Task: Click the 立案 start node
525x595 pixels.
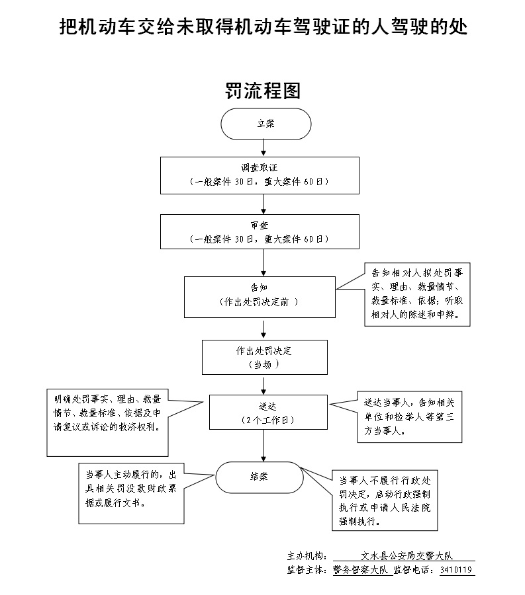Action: pos(265,124)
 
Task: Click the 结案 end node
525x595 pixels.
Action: pos(259,476)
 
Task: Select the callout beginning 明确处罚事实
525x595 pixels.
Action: pos(107,421)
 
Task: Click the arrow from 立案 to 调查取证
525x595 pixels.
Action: pos(264,149)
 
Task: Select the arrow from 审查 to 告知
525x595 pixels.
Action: pos(264,262)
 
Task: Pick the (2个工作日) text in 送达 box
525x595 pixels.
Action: pos(267,420)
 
